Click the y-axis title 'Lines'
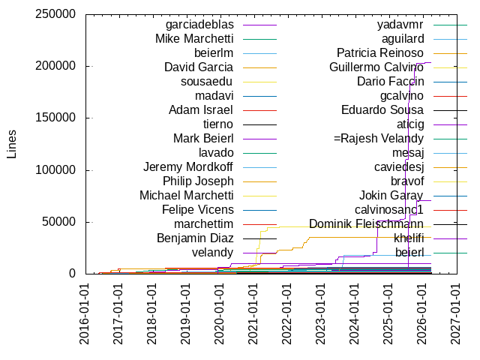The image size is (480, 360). pyautogui.click(x=11, y=143)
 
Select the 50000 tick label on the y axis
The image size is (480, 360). pyautogui.click(x=58, y=221)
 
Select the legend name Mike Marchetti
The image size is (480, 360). pyautogui.click(x=194, y=39)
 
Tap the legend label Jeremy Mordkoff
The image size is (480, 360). pyautogui.click(x=188, y=166)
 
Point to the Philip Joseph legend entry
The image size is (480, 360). pyautogui.click(x=198, y=181)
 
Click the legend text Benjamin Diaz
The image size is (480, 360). pyautogui.click(x=195, y=238)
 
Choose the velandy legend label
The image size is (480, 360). pyautogui.click(x=212, y=252)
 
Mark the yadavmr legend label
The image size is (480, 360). pyautogui.click(x=400, y=25)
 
